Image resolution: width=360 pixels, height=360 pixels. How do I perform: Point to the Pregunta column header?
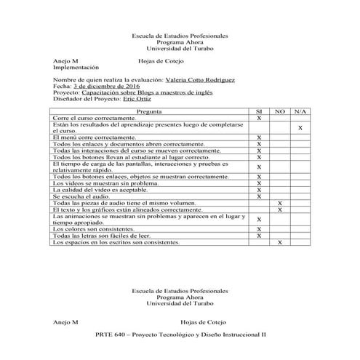click(149, 111)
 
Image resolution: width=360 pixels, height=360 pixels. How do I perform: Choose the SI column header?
click(259, 111)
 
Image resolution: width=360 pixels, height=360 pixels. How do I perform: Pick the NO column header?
click(280, 111)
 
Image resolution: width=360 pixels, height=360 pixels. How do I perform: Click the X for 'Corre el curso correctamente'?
click(259, 118)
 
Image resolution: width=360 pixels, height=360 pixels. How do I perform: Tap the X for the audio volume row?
click(280, 203)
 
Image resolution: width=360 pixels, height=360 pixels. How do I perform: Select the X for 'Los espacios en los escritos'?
click(280, 242)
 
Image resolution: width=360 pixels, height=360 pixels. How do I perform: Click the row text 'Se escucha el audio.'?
click(80, 196)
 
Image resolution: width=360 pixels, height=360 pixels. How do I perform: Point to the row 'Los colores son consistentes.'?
click(93, 229)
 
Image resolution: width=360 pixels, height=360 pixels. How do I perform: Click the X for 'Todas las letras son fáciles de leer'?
click(259, 236)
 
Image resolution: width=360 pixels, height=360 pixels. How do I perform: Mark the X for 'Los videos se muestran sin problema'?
click(259, 183)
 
